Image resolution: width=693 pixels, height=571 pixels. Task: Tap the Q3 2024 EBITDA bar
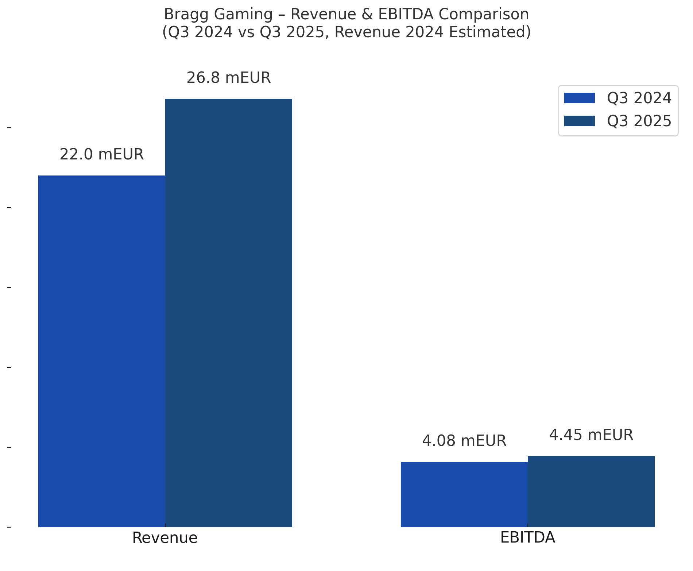(x=464, y=494)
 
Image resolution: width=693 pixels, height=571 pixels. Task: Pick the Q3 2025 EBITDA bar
(x=591, y=491)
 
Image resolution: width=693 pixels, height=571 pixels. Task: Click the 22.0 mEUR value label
(x=101, y=154)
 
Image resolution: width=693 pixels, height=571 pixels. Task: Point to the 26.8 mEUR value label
(x=228, y=78)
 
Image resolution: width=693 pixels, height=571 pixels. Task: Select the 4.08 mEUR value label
(x=464, y=441)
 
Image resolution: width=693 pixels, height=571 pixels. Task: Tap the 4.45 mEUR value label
(x=591, y=435)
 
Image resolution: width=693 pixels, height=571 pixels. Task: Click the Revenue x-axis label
(x=165, y=538)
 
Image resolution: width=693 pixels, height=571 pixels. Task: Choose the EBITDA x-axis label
(x=527, y=537)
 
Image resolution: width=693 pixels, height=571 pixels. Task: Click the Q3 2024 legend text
(x=639, y=98)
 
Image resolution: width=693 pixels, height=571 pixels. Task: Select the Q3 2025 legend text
(x=639, y=121)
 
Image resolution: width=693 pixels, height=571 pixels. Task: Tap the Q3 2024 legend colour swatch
(x=579, y=98)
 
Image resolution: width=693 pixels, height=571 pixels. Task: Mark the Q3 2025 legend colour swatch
(x=579, y=121)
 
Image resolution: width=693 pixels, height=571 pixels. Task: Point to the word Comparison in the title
(x=484, y=15)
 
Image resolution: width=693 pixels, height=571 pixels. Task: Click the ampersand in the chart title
(x=370, y=15)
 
